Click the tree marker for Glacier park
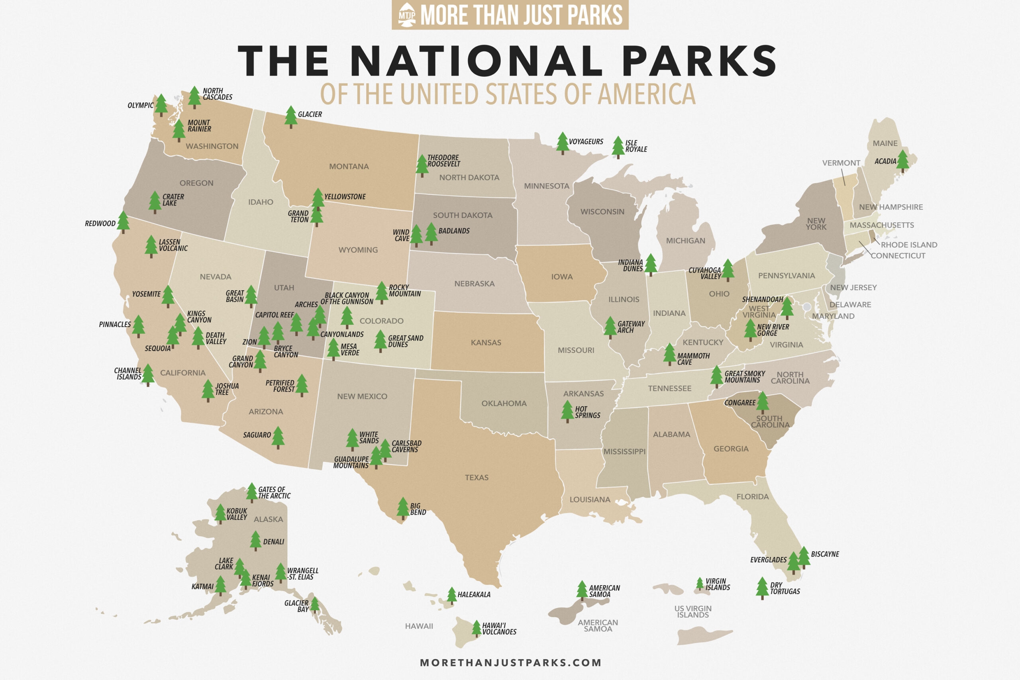click(x=290, y=117)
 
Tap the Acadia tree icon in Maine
click(x=902, y=161)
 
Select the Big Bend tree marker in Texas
click(x=403, y=508)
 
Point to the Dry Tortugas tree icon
click(x=762, y=588)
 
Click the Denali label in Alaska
click(x=273, y=542)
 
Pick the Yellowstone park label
click(x=345, y=196)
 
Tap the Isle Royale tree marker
click(x=618, y=147)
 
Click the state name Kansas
click(x=486, y=343)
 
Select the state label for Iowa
click(x=562, y=277)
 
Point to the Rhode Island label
click(x=908, y=245)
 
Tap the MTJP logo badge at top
click(x=407, y=14)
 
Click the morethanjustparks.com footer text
click(x=510, y=662)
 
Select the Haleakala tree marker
click(x=451, y=595)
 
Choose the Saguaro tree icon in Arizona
click(x=278, y=437)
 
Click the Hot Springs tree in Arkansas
click(x=567, y=411)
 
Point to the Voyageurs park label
click(x=585, y=142)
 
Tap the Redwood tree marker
click(x=123, y=221)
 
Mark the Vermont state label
click(x=841, y=163)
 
